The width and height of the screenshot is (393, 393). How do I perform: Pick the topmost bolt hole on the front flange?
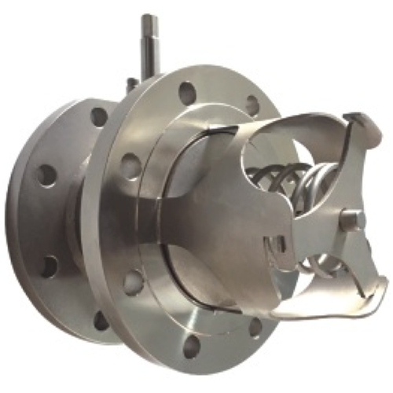pos(187,92)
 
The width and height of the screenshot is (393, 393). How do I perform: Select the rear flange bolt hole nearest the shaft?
pos(98,116)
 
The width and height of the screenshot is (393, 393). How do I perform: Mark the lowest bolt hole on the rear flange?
pos(101,320)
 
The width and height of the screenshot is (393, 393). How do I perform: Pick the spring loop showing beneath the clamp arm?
pos(330,267)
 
